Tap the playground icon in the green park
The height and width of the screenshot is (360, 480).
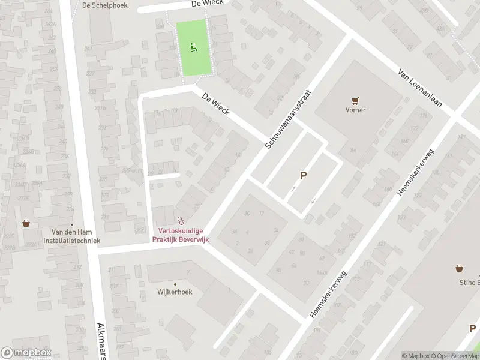[193, 48]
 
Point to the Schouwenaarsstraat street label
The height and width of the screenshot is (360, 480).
[290, 116]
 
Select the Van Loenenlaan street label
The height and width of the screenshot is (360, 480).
[419, 88]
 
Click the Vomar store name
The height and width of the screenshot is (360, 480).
[355, 110]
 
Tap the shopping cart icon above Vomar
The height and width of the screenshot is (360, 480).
[355, 100]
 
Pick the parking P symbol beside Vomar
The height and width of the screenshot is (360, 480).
[303, 176]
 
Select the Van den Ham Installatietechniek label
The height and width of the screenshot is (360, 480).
[71, 236]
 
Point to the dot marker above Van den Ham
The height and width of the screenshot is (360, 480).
[71, 225]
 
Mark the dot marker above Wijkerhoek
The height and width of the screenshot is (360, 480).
[175, 284]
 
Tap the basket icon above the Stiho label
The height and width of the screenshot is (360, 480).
[460, 268]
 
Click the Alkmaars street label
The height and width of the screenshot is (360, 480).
[100, 338]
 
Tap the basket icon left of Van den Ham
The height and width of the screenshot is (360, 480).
[26, 223]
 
